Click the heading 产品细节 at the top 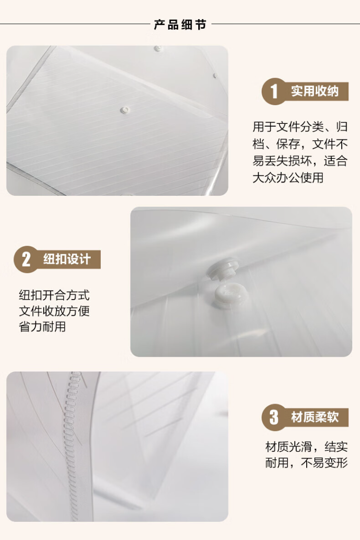(x=180, y=24)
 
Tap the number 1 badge (x=274, y=91)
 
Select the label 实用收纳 (x=314, y=91)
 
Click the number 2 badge (x=26, y=259)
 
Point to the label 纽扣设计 (x=67, y=259)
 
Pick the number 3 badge (x=274, y=418)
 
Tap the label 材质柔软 (x=315, y=417)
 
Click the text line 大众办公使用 (x=288, y=178)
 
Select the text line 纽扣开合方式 (x=54, y=295)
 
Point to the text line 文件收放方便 (x=54, y=311)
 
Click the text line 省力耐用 (x=42, y=326)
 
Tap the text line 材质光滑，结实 (x=306, y=447)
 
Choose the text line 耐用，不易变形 (x=306, y=463)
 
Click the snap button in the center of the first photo (x=125, y=110)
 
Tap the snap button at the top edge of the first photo (x=158, y=48)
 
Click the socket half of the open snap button (x=227, y=296)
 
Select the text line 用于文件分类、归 (x=300, y=127)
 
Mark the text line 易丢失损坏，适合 (x=300, y=161)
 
